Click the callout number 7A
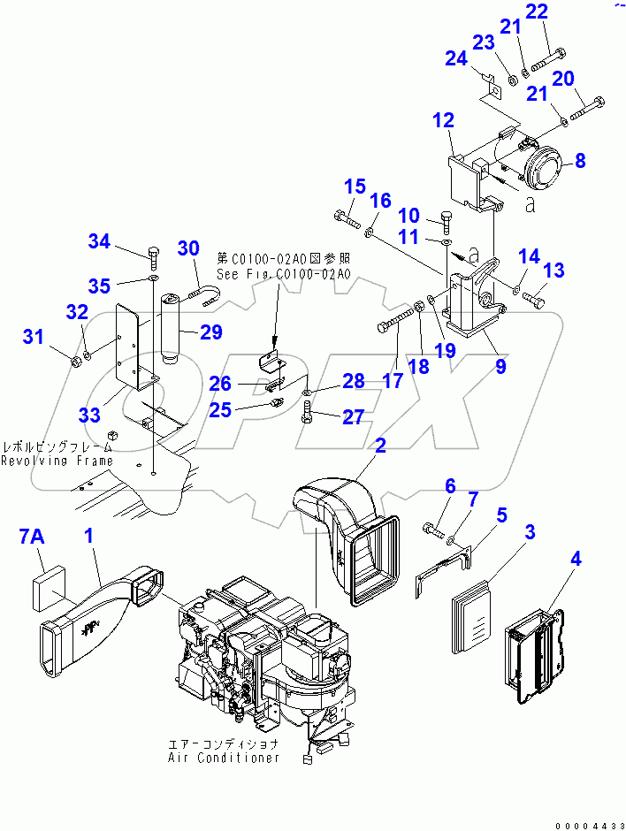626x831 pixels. tap(32, 537)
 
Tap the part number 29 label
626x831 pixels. tap(210, 332)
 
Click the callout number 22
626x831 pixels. tap(561, 12)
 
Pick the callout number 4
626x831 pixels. tap(576, 559)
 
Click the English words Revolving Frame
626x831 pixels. tap(57, 461)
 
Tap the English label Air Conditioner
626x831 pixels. tap(225, 758)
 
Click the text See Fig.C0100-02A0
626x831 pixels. tap(284, 274)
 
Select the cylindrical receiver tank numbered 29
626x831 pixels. tap(172, 328)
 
